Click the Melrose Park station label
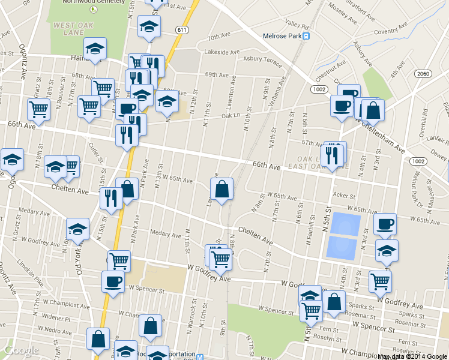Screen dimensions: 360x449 tap(282, 36)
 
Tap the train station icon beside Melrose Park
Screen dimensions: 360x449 tap(306, 36)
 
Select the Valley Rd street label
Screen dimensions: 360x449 tap(297, 25)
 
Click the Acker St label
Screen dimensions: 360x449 tap(344, 196)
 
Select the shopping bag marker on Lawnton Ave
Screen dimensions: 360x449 tap(221, 189)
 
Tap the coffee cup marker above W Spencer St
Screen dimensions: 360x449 tap(113, 281)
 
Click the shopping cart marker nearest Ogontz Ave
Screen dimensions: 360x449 tap(38, 110)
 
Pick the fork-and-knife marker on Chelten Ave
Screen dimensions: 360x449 tap(111, 197)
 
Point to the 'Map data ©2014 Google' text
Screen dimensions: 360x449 tap(412, 356)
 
